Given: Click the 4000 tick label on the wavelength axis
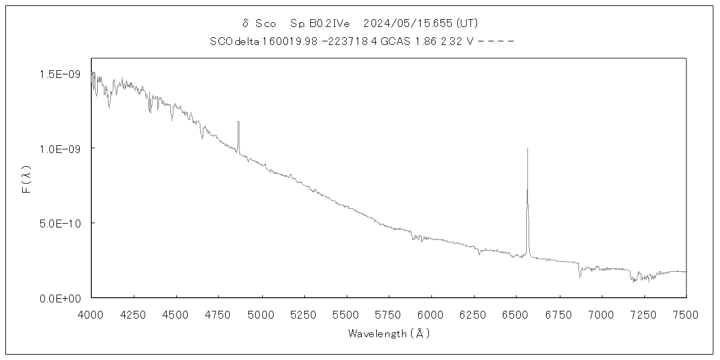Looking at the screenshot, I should pyautogui.click(x=91, y=313).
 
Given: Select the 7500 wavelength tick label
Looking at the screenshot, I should pyautogui.click(x=686, y=313).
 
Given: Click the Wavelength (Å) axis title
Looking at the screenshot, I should pyautogui.click(x=389, y=334).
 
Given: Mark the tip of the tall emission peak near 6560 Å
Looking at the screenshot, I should pyautogui.click(x=527, y=148).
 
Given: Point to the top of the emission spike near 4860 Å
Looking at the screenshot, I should pyautogui.click(x=238, y=122).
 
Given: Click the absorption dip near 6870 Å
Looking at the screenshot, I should pyautogui.click(x=580, y=276).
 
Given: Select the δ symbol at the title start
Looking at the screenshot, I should pyautogui.click(x=245, y=23).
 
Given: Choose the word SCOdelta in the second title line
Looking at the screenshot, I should pyautogui.click(x=235, y=41).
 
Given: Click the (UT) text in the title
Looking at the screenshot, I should pyautogui.click(x=467, y=23).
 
